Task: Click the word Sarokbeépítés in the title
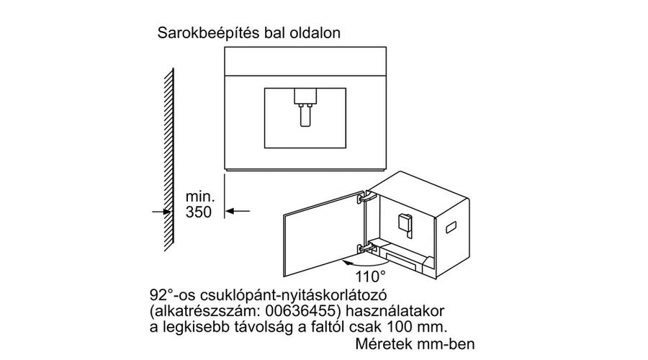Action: (x=204, y=33)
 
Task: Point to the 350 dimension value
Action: (x=199, y=212)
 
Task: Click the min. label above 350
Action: (x=200, y=196)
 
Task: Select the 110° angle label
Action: (x=370, y=276)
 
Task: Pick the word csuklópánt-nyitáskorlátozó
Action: (x=293, y=296)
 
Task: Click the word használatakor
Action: (x=395, y=310)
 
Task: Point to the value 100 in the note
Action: (x=400, y=327)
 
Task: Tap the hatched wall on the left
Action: (x=168, y=160)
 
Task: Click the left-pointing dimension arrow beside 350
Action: (x=238, y=211)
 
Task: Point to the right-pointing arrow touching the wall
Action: (x=161, y=212)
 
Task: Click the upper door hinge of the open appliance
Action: (x=365, y=197)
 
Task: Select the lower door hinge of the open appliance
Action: (x=365, y=248)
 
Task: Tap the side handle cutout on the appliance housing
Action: (x=451, y=228)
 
